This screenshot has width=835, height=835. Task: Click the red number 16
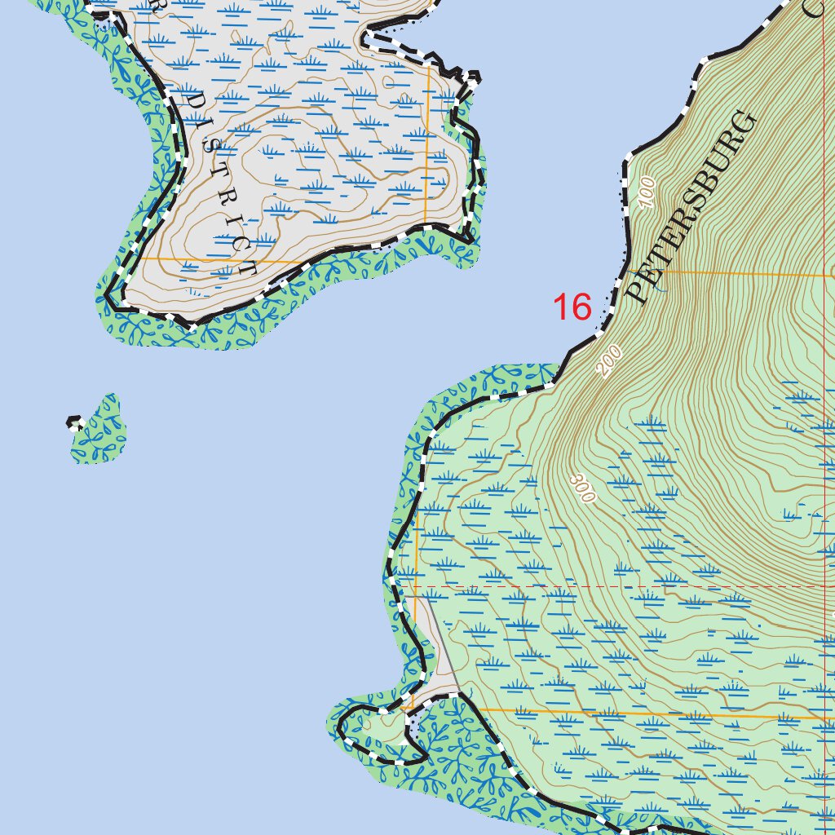click(x=572, y=307)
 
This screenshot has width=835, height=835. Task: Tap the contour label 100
click(x=648, y=192)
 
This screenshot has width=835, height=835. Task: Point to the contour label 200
click(x=609, y=361)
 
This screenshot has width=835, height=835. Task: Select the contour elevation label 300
click(x=583, y=488)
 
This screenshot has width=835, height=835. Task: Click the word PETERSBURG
click(x=692, y=208)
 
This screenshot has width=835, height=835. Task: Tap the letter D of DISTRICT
click(x=196, y=101)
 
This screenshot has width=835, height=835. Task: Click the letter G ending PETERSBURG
click(x=744, y=126)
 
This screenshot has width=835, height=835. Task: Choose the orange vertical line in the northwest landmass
click(x=426, y=147)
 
